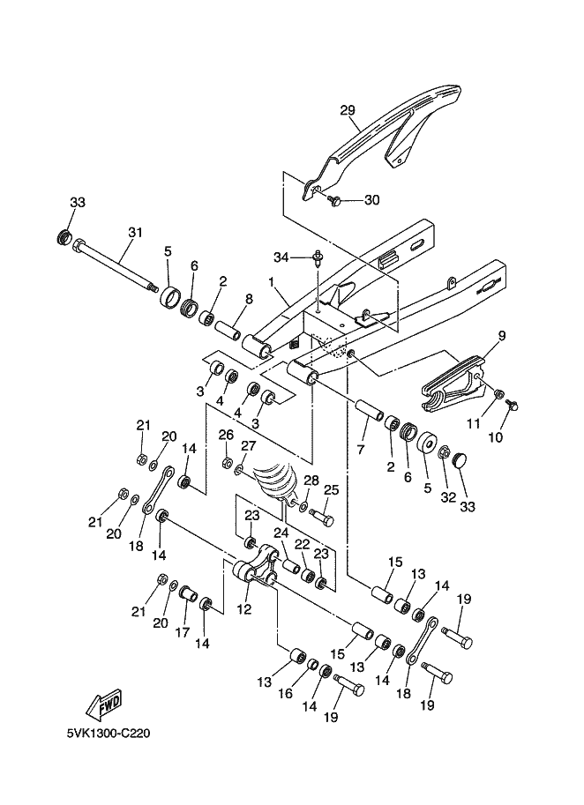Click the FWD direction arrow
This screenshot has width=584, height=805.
[104, 704]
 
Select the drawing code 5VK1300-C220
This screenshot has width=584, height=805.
[109, 733]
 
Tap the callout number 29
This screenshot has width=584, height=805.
[348, 110]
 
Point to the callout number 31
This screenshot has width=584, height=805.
[135, 233]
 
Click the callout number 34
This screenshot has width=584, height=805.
[281, 257]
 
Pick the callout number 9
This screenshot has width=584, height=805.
[502, 336]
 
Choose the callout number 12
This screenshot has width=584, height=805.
[244, 609]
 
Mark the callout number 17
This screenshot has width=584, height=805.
[183, 632]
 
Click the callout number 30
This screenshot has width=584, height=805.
[372, 200]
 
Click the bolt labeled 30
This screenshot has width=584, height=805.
[334, 200]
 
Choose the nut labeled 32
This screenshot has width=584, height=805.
[445, 453]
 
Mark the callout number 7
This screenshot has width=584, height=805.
[360, 450]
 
